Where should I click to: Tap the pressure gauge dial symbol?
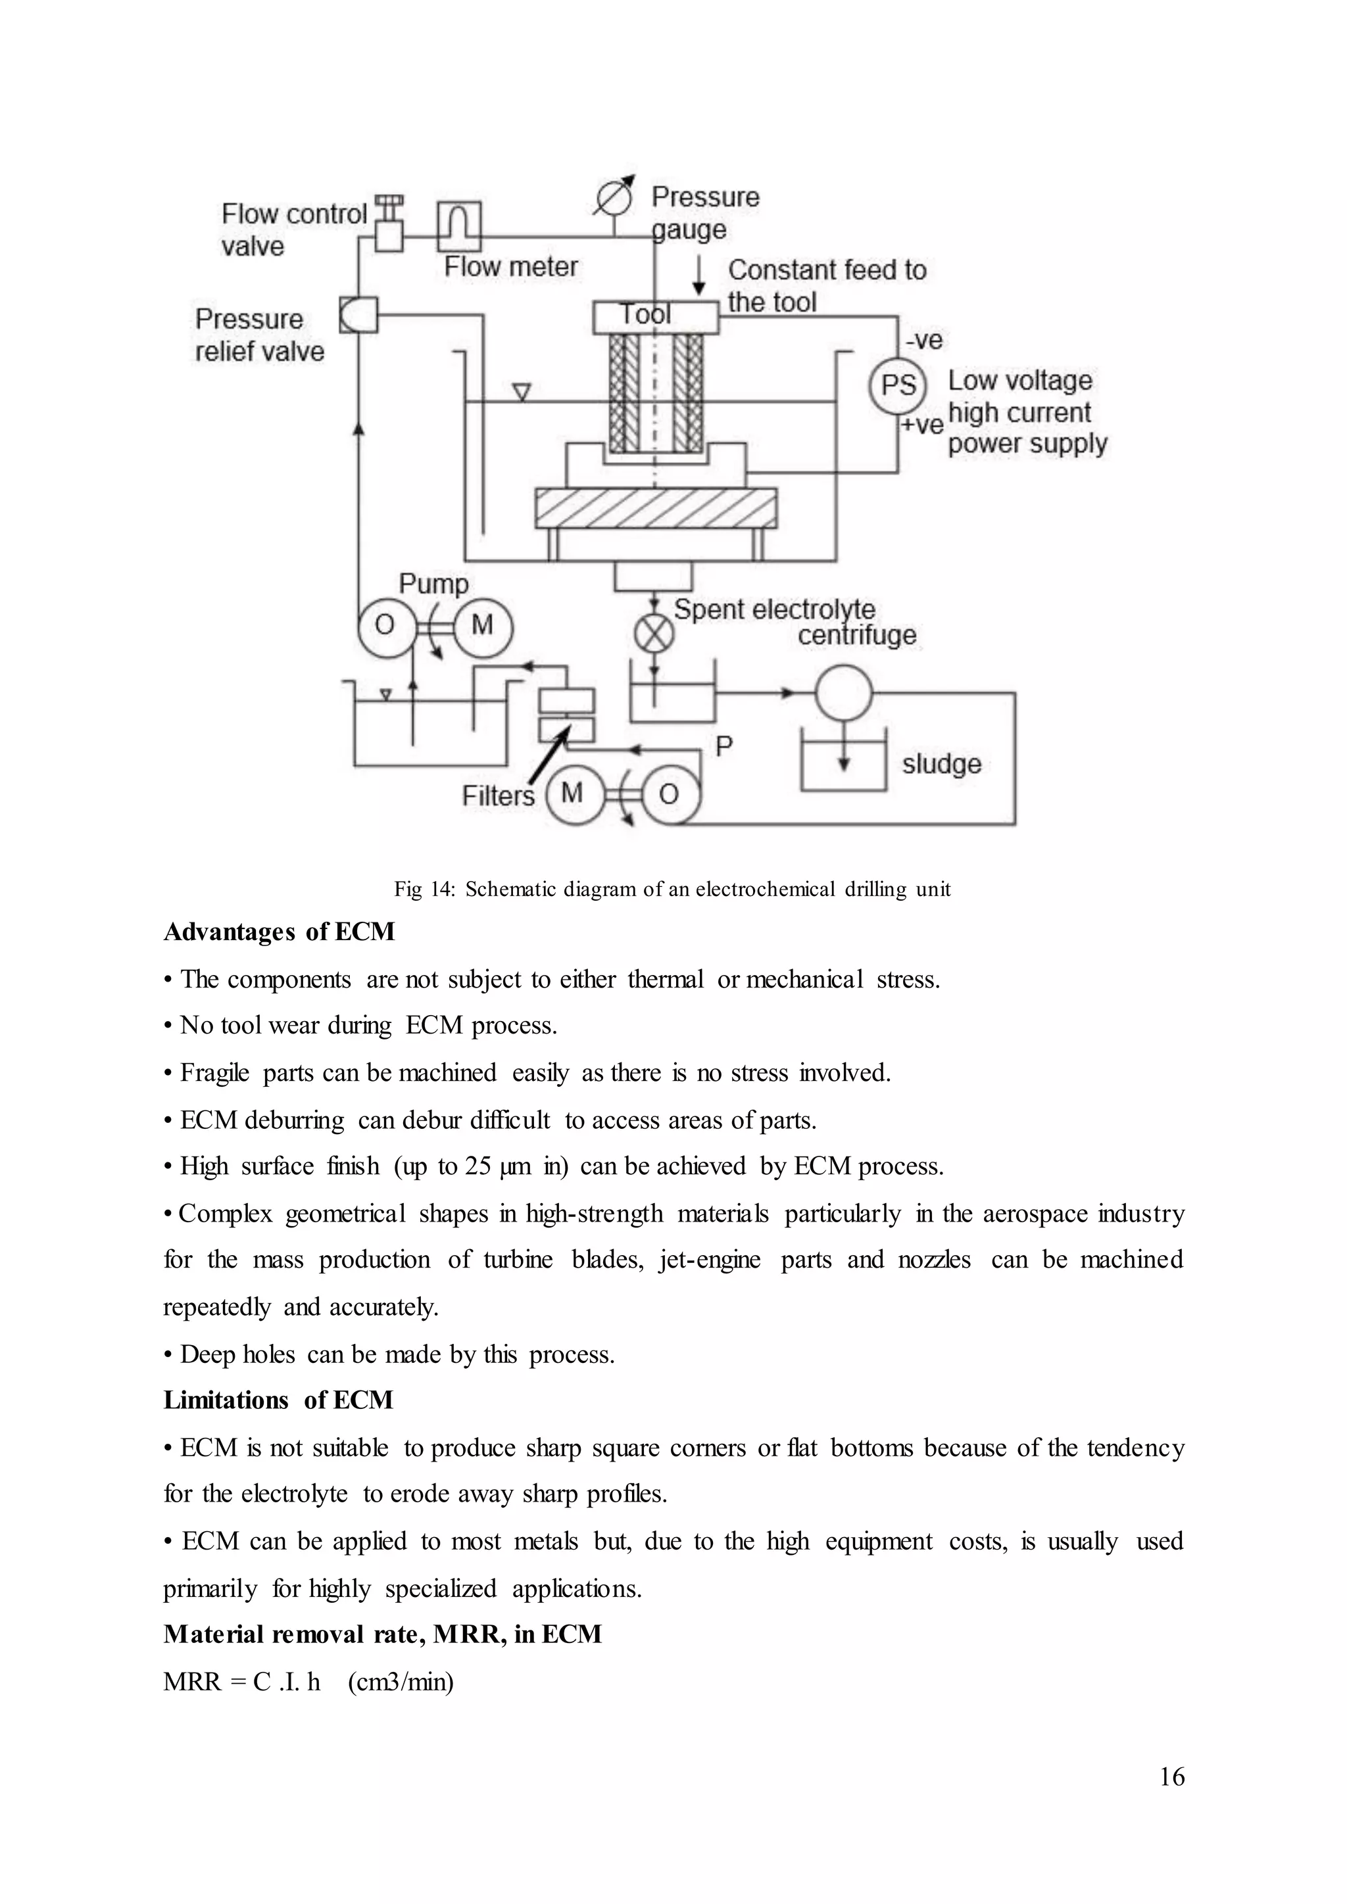614,198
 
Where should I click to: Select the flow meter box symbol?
458,225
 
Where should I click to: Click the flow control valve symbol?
388,226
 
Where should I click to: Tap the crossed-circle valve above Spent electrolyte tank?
654,635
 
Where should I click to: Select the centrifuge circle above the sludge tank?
843,692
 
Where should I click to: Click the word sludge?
941,764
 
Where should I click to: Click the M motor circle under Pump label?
483,626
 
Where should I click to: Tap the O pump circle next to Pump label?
385,626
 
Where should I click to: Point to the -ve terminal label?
924,340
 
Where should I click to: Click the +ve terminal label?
922,425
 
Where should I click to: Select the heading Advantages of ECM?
279,932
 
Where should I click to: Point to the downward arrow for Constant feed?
699,276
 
